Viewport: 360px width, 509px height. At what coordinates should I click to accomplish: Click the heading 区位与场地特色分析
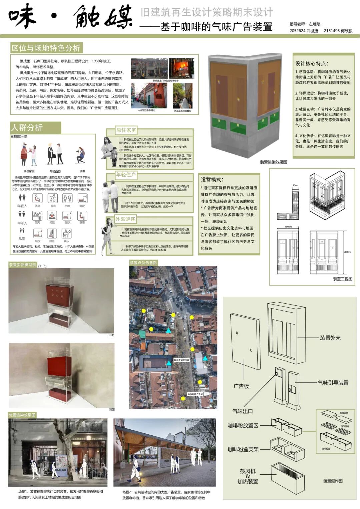coord(46,48)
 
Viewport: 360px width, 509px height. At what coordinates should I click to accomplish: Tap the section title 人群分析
coord(27,128)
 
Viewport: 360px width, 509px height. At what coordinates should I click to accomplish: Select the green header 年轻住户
coord(126,175)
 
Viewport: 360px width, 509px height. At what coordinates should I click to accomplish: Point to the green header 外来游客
coord(125,219)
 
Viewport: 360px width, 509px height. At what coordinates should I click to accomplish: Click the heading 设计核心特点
coord(312,63)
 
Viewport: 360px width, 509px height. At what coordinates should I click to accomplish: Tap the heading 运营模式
coord(212,179)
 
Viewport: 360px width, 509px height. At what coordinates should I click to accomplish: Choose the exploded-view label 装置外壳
coord(330,338)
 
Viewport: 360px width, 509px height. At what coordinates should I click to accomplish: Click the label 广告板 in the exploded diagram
coord(241,386)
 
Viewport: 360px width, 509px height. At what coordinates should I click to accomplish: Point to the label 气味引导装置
coord(333,383)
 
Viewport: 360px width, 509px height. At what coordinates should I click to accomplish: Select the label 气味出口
coord(242,411)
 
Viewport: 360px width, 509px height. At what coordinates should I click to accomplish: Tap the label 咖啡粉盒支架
coord(243,449)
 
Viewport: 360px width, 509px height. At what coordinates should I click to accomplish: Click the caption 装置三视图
coord(342,279)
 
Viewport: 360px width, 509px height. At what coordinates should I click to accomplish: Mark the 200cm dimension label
coord(347,252)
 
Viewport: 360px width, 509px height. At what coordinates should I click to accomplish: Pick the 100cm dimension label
coord(288,227)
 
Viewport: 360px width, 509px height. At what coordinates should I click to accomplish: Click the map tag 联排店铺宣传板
coord(181,360)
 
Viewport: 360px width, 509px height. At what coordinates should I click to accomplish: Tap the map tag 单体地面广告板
coord(195,394)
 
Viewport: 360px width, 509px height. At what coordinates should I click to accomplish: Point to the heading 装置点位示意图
coord(143,263)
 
